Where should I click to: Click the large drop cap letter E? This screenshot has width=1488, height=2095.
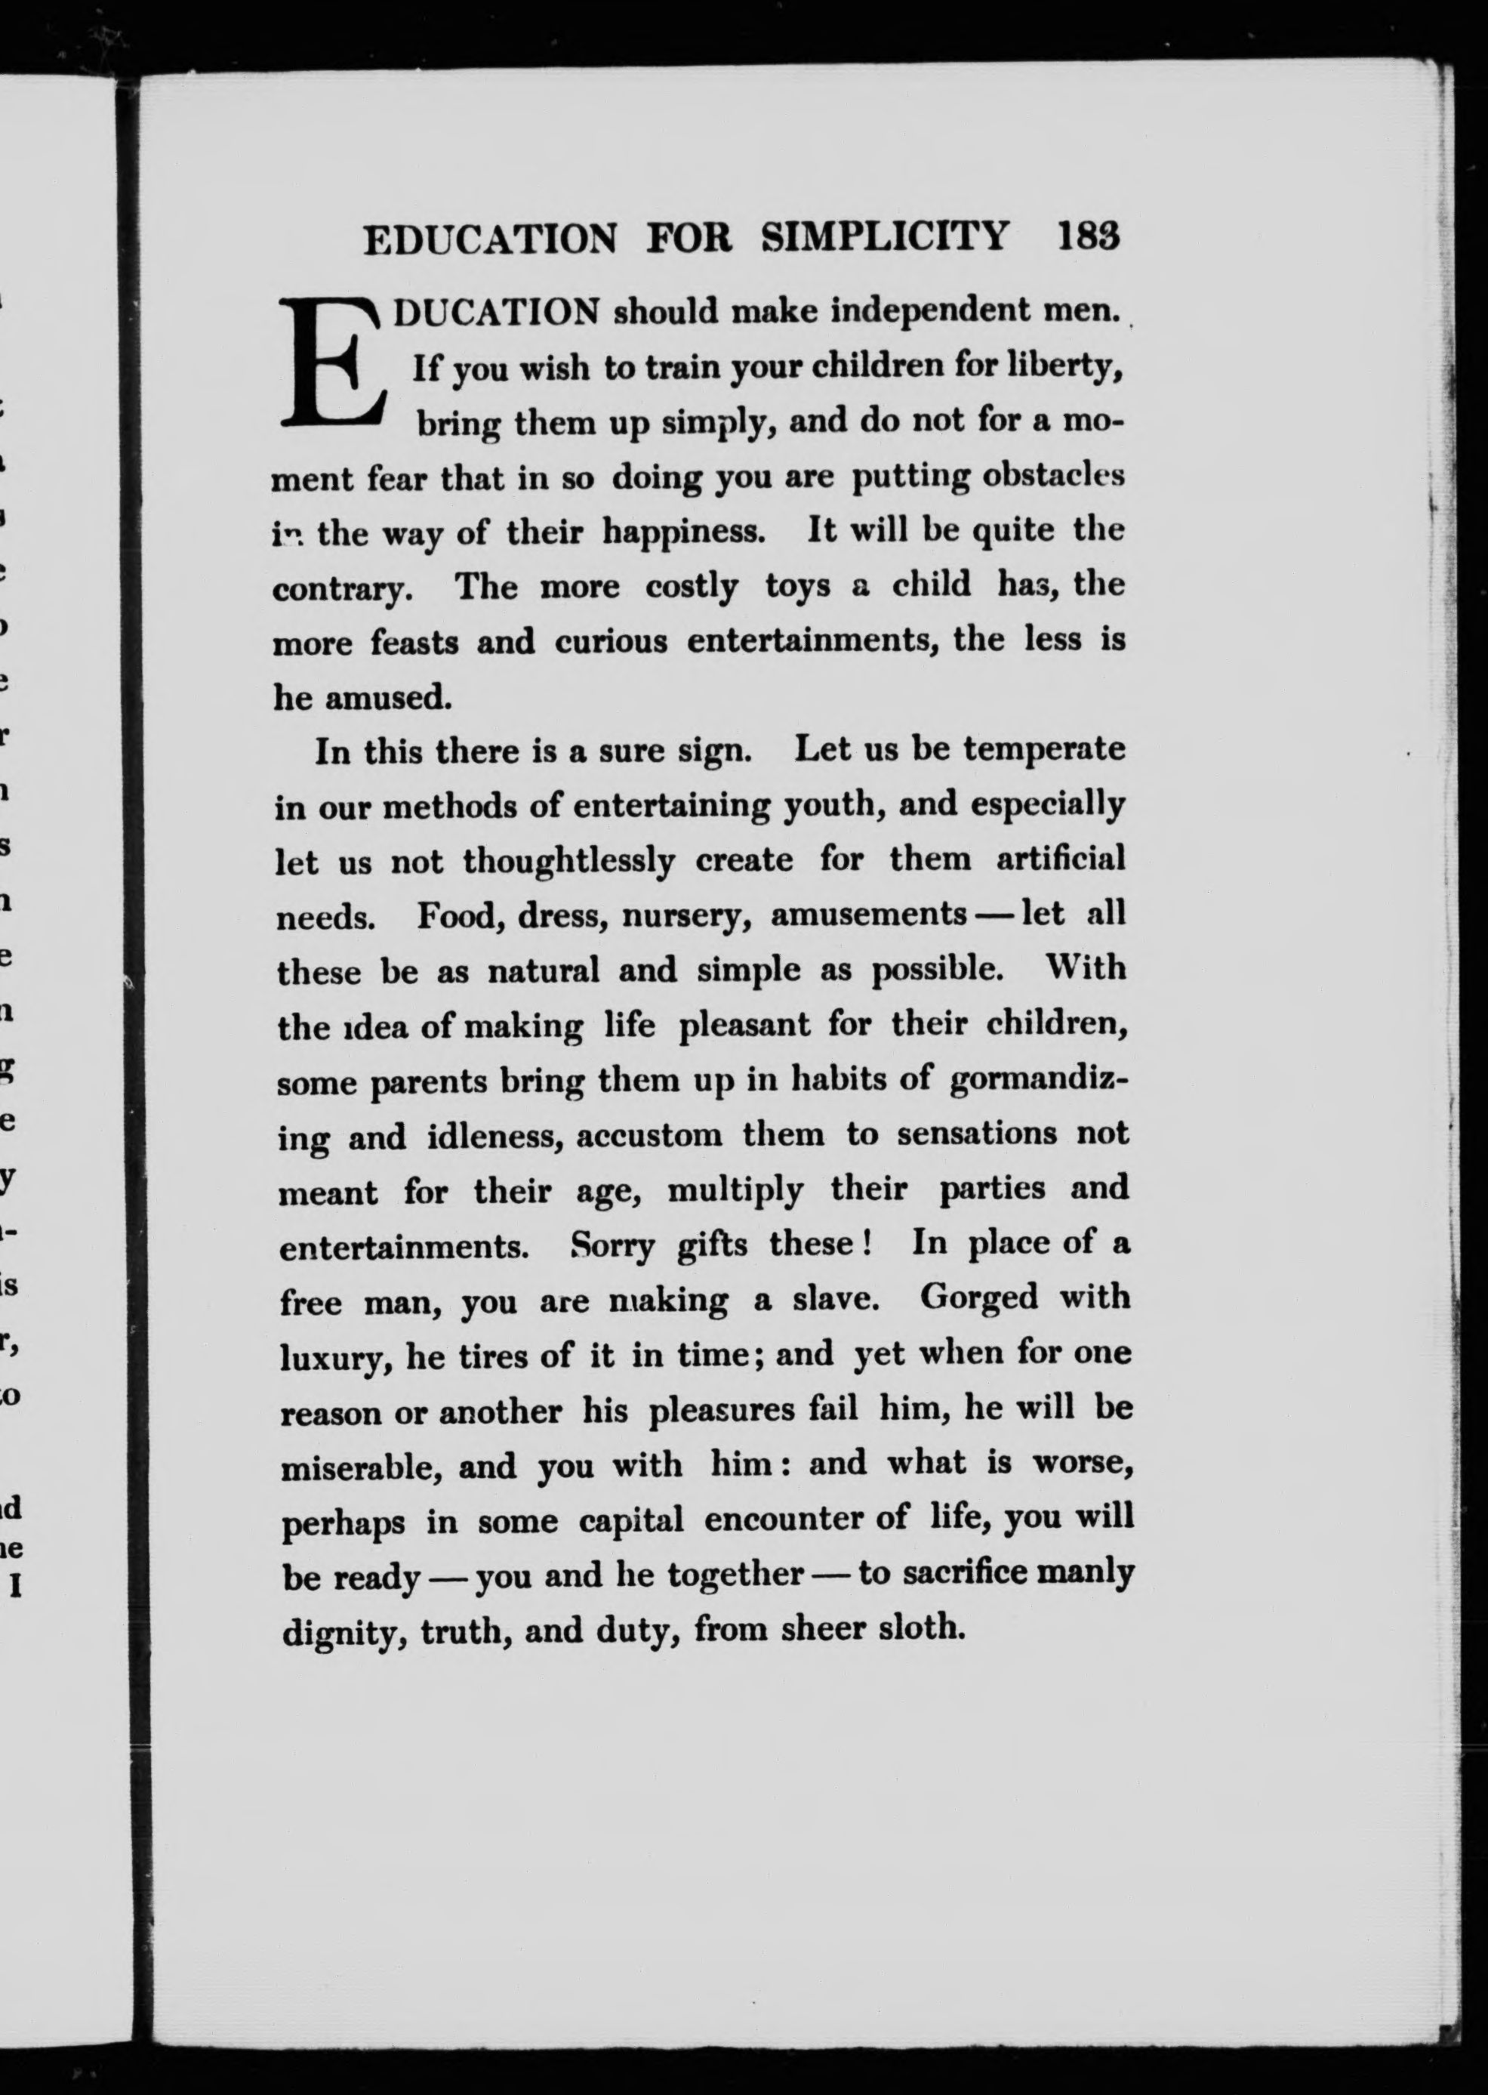point(331,365)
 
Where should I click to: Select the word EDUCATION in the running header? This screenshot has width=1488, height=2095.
point(490,240)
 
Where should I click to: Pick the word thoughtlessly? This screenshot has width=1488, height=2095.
point(568,862)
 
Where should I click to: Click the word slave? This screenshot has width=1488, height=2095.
point(840,1301)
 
